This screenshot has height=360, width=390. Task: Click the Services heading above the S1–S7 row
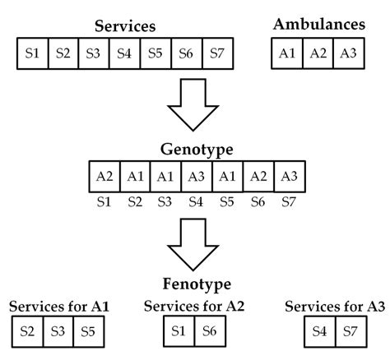tap(124, 26)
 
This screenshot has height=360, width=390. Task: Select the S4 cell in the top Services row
tap(124, 54)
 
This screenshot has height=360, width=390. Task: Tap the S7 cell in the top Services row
tap(217, 54)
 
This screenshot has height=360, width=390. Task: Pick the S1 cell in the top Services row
tap(32, 54)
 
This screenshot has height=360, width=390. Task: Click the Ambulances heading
tap(318, 25)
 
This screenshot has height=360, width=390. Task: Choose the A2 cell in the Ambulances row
tap(318, 54)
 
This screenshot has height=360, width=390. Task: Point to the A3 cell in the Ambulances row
tap(349, 54)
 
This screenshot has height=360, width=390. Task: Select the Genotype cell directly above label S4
tap(195, 177)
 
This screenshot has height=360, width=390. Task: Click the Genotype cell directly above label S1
tap(104, 177)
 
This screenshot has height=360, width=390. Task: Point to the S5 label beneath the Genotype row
tap(225, 201)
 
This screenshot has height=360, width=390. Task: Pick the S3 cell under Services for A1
tap(58, 333)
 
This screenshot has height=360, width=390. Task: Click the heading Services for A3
tap(334, 307)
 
